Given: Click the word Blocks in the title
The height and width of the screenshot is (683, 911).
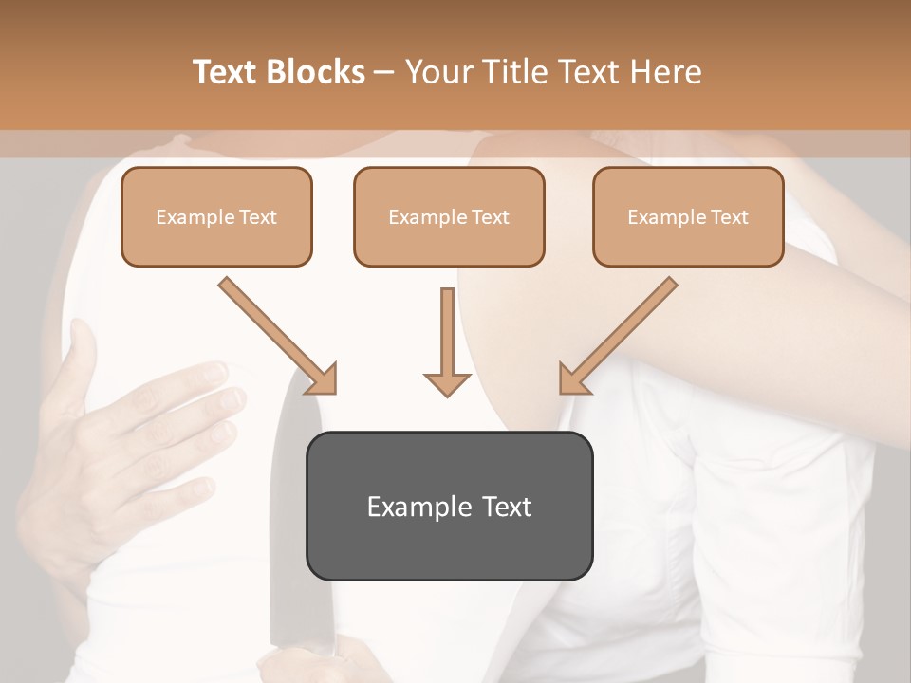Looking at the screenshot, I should point(317,72).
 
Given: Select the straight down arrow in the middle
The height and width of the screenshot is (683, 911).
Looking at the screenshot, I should point(447,341).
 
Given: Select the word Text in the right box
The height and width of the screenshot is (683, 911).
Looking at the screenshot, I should point(729,217).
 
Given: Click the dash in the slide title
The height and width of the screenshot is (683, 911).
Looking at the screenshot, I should point(384,72).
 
